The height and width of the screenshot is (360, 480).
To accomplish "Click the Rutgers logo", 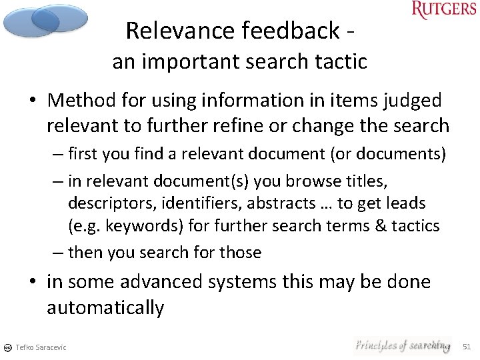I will coord(444,10).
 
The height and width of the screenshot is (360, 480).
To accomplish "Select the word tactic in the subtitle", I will coord(344,62).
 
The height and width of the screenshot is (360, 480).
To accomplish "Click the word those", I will coord(241,253).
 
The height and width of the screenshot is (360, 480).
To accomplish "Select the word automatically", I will coord(105,308).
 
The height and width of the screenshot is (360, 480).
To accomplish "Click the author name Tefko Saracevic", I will coord(41,347).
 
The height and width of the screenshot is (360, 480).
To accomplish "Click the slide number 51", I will coord(467,347).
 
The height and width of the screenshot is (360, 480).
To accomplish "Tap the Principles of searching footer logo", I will coord(402,345).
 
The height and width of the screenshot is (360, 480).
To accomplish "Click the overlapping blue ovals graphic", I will coord(45,20).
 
